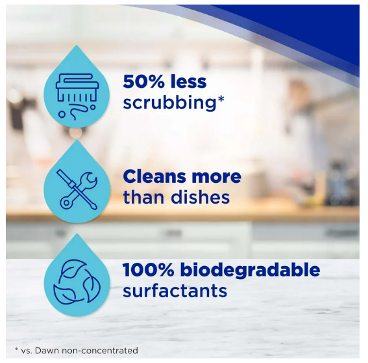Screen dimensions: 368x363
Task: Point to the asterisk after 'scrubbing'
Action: [221, 99]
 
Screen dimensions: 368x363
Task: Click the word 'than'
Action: [144, 197]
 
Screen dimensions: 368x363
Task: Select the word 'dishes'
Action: [200, 197]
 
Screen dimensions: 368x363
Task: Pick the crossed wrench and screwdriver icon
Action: [77, 190]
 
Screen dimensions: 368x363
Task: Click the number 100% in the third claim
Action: [149, 270]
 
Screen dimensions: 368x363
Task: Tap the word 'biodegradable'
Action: [251, 270]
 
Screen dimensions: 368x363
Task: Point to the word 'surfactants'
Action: [175, 291]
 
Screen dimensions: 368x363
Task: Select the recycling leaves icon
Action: [77, 281]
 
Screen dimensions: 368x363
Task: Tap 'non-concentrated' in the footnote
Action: [100, 351]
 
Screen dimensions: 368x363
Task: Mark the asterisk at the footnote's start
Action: [16, 350]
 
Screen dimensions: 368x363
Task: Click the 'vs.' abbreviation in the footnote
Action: [27, 351]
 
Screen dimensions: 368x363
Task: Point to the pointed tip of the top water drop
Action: [77, 46]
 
